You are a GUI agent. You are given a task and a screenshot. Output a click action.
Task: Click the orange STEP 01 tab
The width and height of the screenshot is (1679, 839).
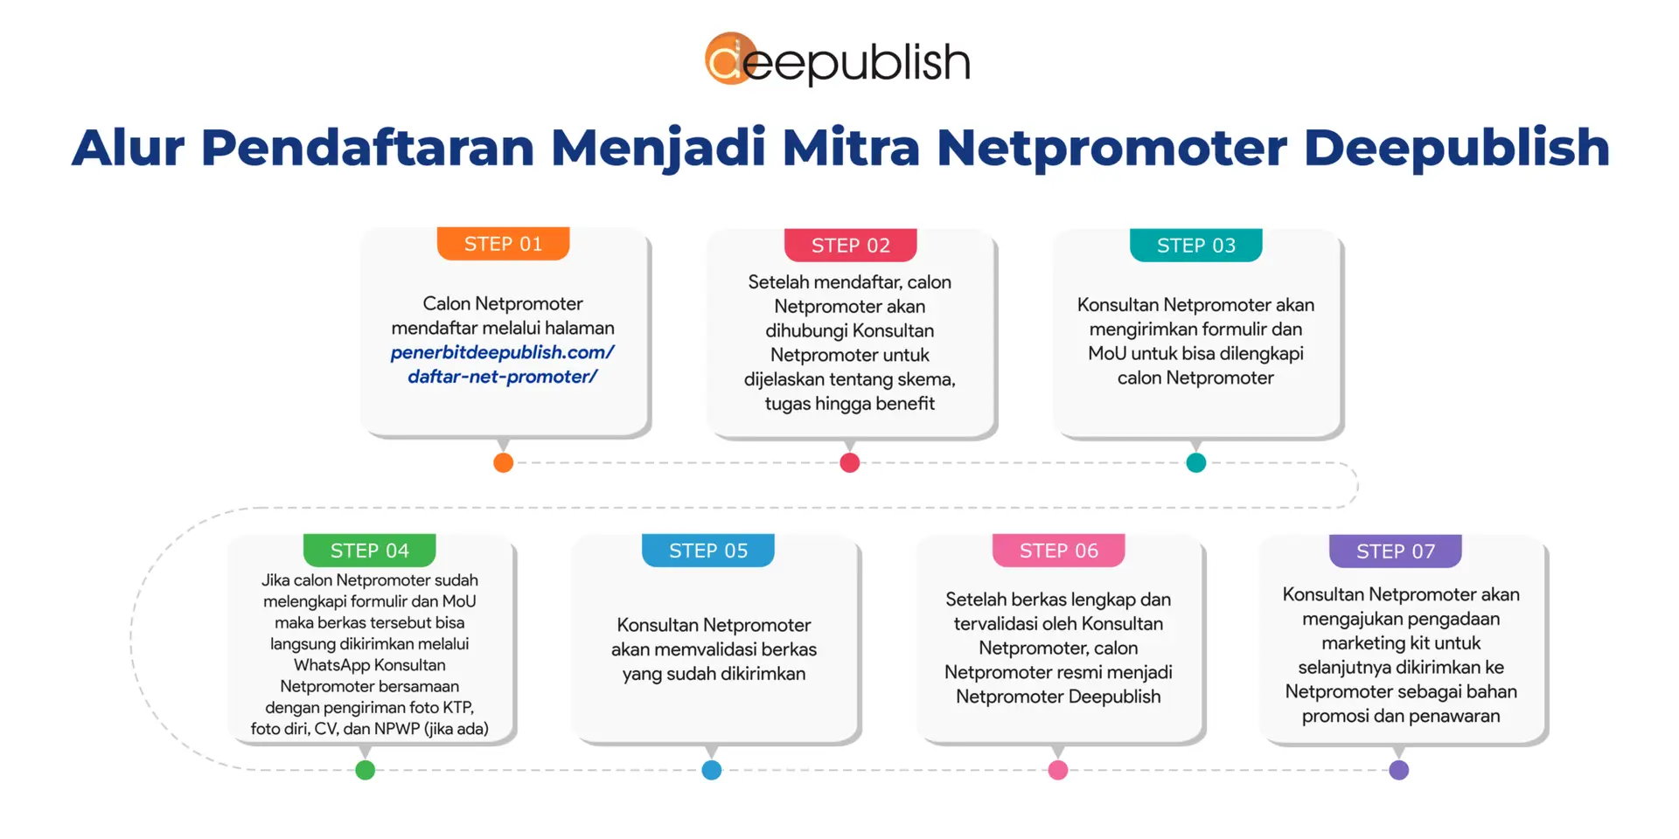[x=503, y=244]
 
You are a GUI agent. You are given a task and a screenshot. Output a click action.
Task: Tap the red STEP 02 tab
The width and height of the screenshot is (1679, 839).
[x=850, y=246]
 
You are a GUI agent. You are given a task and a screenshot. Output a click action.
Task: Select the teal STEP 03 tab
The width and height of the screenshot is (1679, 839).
[x=1195, y=246]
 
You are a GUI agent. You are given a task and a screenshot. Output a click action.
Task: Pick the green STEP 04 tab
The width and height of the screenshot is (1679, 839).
[x=369, y=551]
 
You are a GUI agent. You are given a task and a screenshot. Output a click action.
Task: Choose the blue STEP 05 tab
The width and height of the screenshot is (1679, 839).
[x=708, y=551]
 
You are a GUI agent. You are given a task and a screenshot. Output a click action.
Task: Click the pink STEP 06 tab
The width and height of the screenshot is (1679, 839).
[x=1058, y=551]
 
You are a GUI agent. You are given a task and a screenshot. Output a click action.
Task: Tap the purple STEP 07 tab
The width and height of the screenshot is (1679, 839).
[x=1395, y=551]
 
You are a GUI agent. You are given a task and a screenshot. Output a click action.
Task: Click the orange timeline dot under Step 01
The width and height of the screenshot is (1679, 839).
[x=503, y=462]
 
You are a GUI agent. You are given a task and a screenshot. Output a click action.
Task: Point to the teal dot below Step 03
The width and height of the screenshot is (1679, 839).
[x=1195, y=462]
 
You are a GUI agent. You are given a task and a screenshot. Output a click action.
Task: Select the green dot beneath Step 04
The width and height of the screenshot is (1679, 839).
[x=366, y=770]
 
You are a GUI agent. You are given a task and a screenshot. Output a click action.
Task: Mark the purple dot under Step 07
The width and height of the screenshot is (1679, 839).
[x=1398, y=770]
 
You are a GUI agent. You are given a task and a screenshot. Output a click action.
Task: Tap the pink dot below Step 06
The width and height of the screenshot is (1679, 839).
[x=1057, y=770]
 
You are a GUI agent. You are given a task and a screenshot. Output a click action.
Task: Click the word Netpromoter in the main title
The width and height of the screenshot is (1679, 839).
[x=1111, y=147]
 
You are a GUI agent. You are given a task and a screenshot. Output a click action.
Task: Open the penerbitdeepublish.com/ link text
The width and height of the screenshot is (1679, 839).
[x=502, y=352]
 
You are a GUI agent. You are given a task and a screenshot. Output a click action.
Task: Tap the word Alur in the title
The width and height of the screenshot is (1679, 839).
[x=128, y=147]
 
